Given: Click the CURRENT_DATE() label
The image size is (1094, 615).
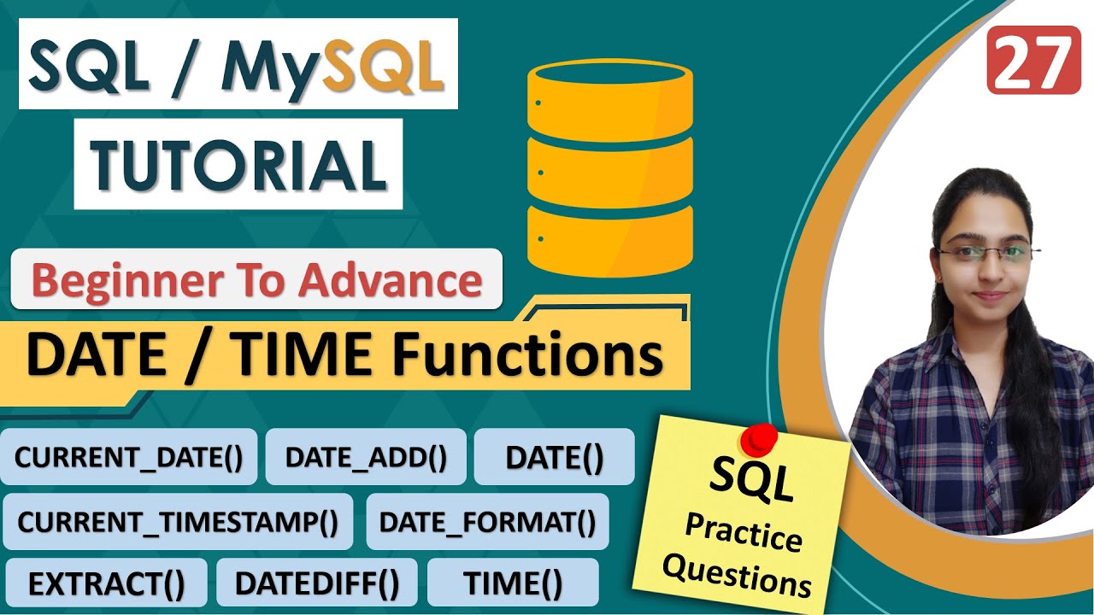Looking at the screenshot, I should point(129,457).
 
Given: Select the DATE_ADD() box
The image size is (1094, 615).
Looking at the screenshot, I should point(366,457).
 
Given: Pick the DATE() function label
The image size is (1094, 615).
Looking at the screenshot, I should point(554,457).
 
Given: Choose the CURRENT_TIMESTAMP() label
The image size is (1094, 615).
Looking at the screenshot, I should point(178,521).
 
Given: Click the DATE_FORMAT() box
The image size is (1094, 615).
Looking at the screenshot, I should point(487,521).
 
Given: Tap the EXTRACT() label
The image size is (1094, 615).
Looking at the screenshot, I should point(106,583).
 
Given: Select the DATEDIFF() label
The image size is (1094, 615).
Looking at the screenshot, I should point(317,583).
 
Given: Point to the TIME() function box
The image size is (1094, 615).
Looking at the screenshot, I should point(513,583).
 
